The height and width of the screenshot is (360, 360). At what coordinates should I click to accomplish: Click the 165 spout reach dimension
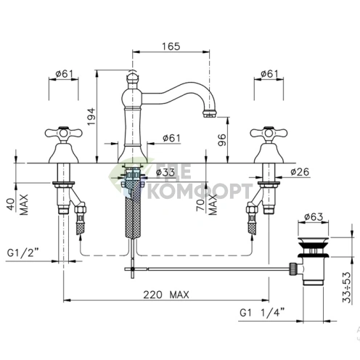click(x=171, y=46)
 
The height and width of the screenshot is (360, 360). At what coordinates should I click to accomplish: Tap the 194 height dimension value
click(x=91, y=117)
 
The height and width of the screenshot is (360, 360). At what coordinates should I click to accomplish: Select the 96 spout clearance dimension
click(x=222, y=140)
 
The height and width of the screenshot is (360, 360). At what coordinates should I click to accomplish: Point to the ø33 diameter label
click(x=165, y=172)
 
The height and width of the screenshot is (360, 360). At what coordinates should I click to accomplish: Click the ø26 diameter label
click(x=300, y=172)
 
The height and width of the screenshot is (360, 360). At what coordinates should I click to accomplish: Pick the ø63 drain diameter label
click(x=314, y=217)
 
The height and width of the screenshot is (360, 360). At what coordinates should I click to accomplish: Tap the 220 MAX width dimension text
click(x=166, y=295)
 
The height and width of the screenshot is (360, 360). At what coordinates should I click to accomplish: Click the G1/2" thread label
click(x=23, y=253)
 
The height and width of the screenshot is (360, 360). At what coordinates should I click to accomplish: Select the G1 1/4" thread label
click(x=262, y=313)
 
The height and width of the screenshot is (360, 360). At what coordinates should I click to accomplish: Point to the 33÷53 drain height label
click(x=346, y=287)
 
